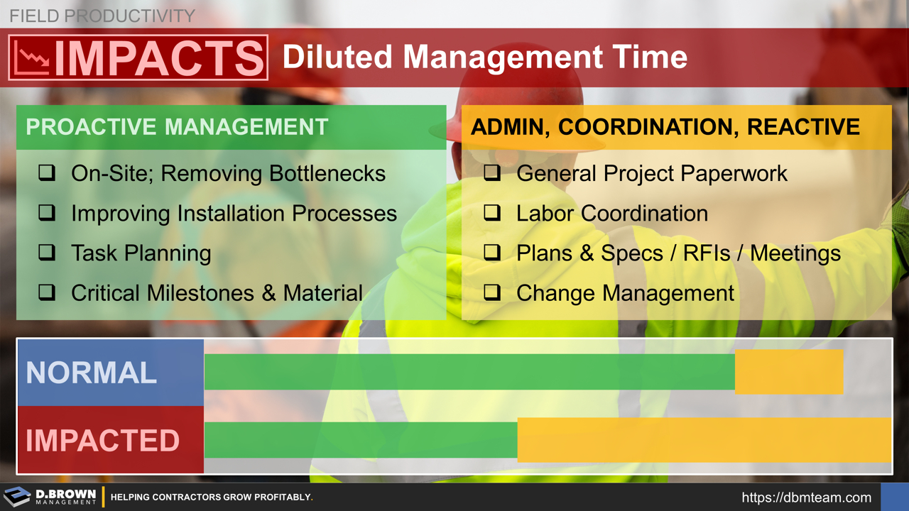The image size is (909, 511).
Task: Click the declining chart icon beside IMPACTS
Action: pos(31,57)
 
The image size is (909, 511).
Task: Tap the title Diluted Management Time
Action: pos(484,57)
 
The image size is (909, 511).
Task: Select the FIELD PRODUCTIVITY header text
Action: pos(102,16)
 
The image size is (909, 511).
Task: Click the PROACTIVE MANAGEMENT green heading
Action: pos(177,127)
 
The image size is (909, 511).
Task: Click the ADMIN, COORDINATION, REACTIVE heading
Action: pos(665,127)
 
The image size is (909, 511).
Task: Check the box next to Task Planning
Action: pos(47,253)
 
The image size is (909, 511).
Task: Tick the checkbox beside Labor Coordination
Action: pos(492,213)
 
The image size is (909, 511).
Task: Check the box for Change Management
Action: pos(492,292)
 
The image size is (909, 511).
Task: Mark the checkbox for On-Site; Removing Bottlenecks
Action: pos(47,173)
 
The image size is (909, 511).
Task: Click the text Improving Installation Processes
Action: pos(234,214)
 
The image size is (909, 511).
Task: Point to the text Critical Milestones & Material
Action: pos(217,293)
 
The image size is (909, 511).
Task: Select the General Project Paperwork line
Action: pos(651,174)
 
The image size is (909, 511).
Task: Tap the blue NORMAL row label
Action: pos(92,373)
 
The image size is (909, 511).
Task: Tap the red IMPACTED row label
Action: pos(103,440)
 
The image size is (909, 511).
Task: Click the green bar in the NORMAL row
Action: pos(469,372)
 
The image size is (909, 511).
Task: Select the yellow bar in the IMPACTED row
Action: pos(704,440)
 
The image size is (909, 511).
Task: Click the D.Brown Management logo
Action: pos(50,497)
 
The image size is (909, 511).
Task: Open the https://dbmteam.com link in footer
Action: pos(806,498)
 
